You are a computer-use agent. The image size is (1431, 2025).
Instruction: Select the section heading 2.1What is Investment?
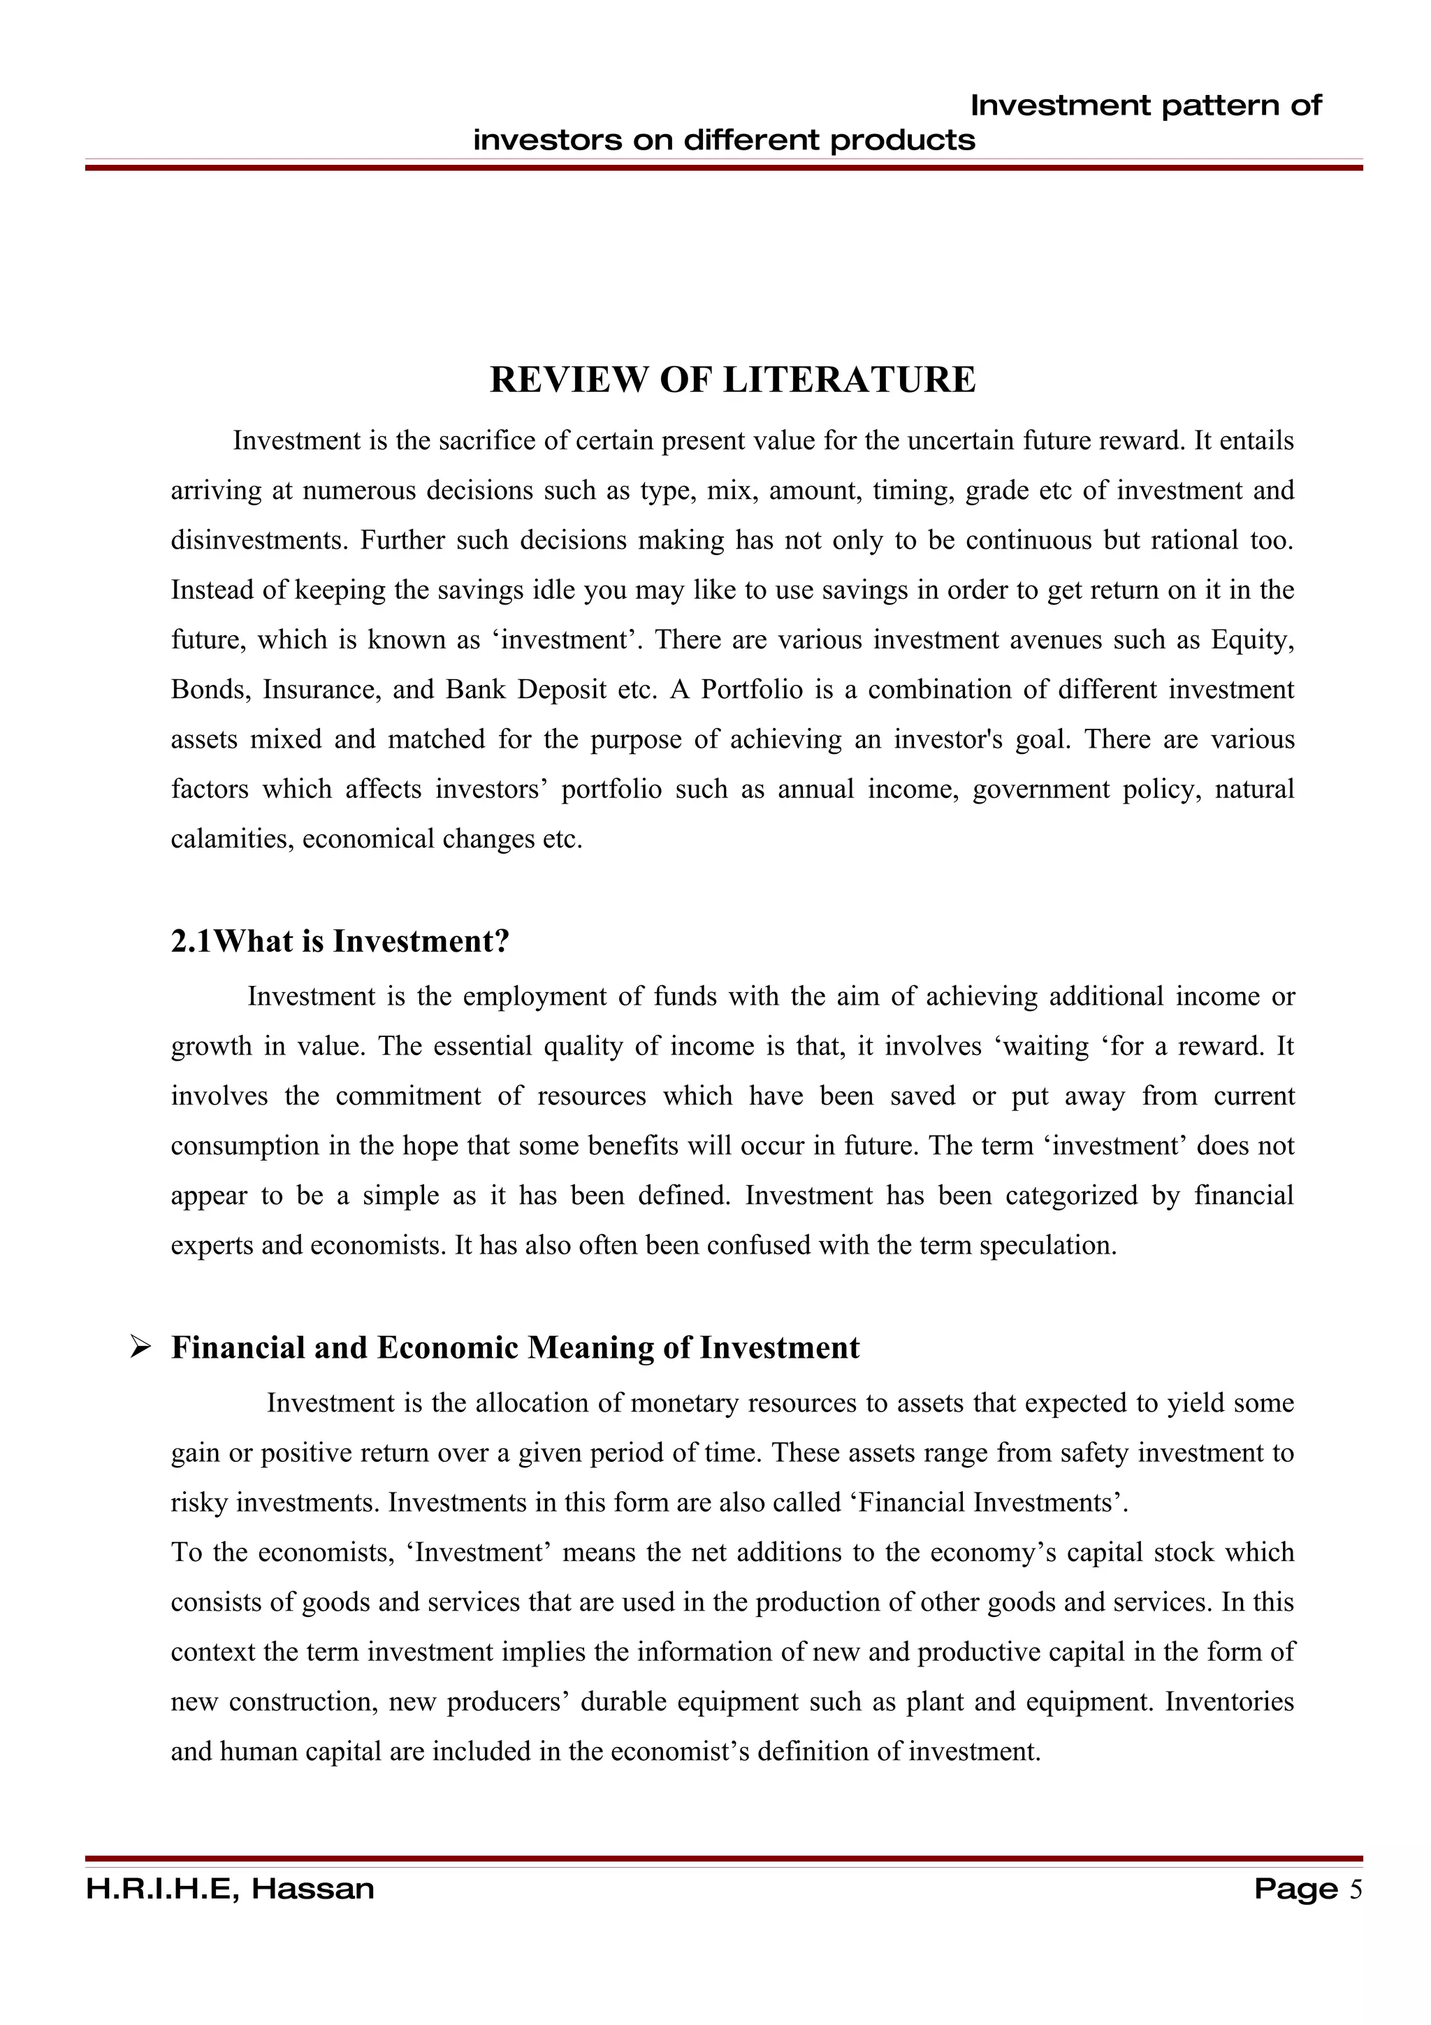pos(340,942)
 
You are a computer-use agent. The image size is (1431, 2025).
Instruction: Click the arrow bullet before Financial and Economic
pos(141,1348)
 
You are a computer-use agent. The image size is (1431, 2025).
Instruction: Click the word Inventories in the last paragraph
pos(1229,1701)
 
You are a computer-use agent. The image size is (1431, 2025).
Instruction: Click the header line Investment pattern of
pos(1145,106)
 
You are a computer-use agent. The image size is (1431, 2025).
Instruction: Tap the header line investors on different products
pos(724,140)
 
